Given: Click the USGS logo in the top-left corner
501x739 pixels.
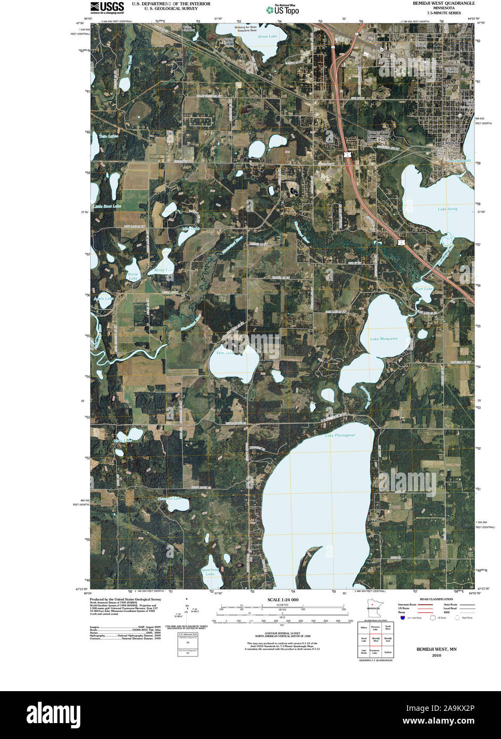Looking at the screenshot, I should [107, 7].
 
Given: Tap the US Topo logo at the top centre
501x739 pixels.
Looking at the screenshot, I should [282, 9].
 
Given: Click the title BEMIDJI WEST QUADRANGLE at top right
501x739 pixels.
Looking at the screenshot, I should [444, 3].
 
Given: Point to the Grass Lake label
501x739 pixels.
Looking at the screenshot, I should [268, 37].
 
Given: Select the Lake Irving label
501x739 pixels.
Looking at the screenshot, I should [447, 209].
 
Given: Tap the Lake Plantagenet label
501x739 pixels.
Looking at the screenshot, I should [340, 435].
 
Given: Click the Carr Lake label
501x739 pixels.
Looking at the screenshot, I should [424, 289].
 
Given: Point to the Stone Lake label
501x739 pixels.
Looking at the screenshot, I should [133, 276].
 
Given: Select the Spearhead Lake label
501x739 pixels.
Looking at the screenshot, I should [210, 572].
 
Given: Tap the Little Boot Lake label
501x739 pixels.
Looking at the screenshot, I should [107, 206].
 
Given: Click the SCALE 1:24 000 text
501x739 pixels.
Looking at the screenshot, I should [282, 600].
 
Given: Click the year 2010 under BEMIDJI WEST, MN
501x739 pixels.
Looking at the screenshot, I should [436, 656].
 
